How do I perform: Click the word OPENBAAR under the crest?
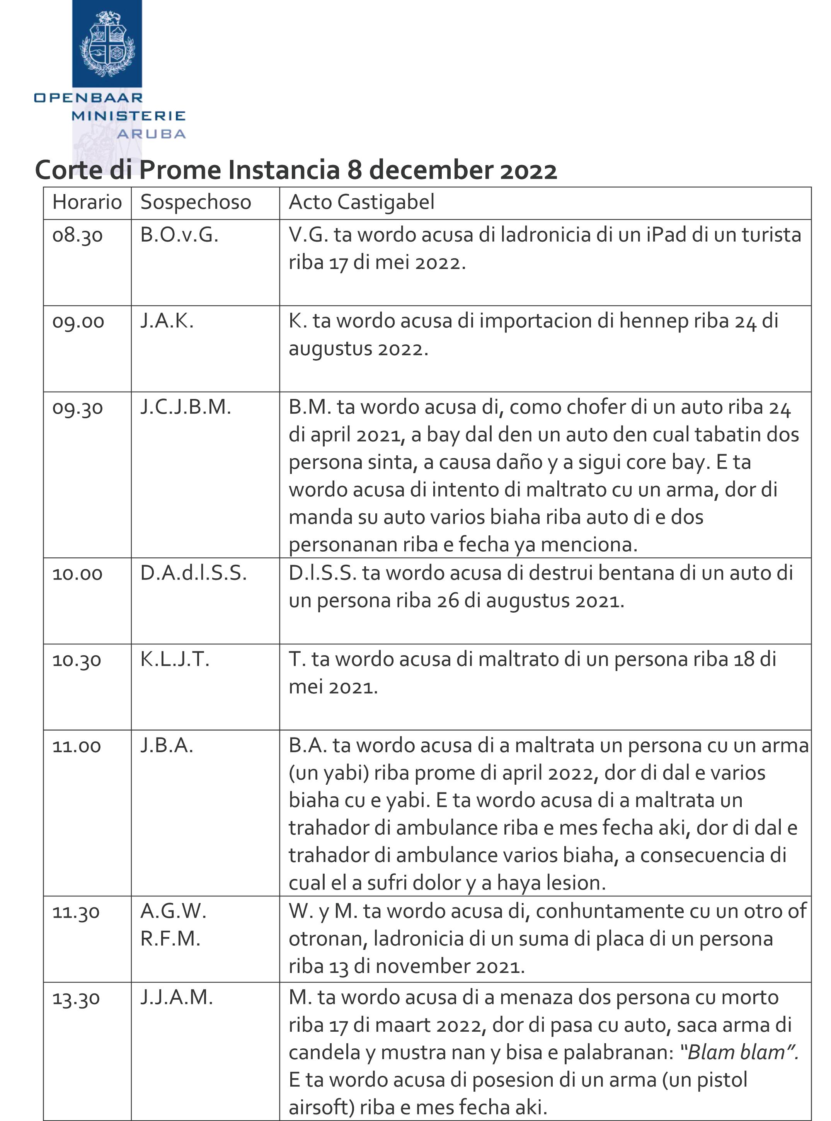click(x=89, y=98)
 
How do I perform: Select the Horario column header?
click(x=87, y=202)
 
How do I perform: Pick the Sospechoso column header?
click(x=196, y=202)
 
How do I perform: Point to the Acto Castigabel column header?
click(x=361, y=202)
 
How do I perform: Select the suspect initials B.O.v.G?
click(x=179, y=235)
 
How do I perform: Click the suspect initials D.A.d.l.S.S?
click(x=194, y=573)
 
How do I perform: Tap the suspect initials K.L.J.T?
click(x=175, y=659)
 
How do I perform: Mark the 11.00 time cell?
click(x=77, y=746)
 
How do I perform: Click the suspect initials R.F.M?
click(x=170, y=939)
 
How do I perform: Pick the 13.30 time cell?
click(x=77, y=998)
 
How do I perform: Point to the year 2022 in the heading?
click(x=528, y=170)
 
